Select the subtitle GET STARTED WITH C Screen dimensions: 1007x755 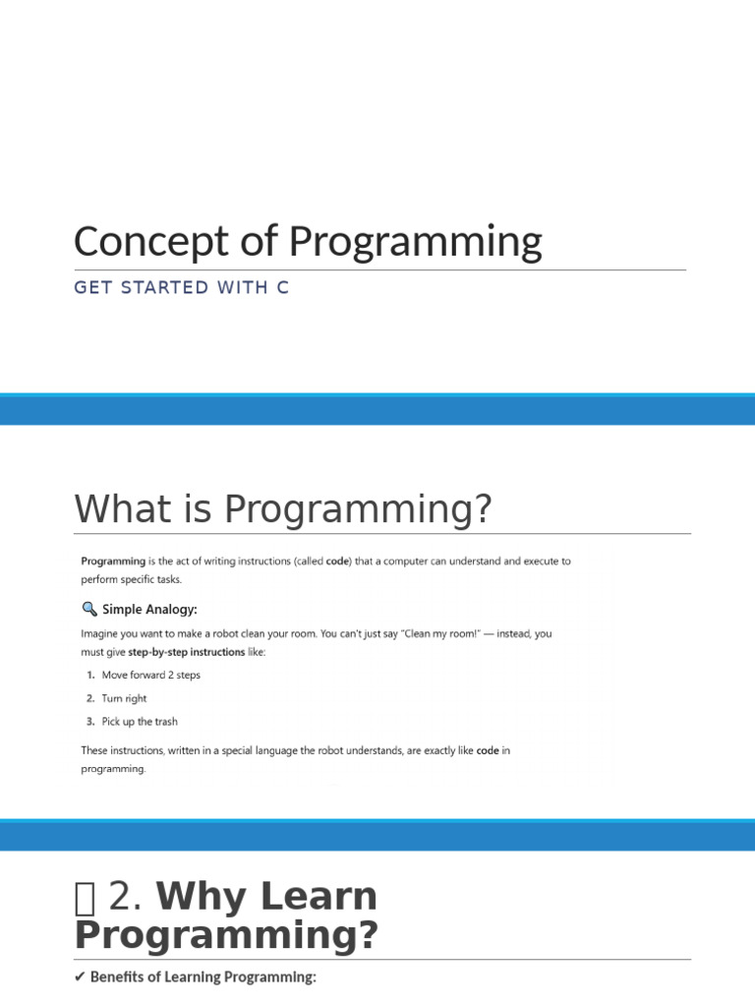[x=181, y=288]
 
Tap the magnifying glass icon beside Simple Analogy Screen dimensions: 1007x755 [x=89, y=609]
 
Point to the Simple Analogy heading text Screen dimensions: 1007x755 [x=149, y=609]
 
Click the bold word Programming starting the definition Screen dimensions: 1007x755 [x=113, y=562]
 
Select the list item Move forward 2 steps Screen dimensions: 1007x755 [x=150, y=676]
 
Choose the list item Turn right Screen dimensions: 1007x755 [x=124, y=698]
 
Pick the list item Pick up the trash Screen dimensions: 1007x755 [x=140, y=722]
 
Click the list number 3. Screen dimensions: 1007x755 [x=89, y=722]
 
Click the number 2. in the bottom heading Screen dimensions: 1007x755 [x=127, y=897]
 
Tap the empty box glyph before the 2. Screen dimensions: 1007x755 [x=85, y=897]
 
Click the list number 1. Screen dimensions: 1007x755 [x=89, y=676]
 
